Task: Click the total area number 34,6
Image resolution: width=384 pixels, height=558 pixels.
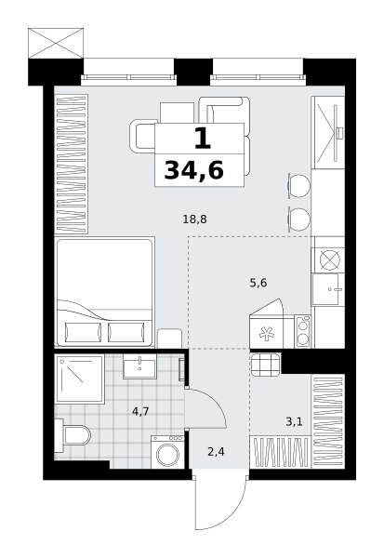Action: pyautogui.click(x=194, y=170)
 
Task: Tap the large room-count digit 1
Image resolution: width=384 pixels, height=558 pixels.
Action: pyautogui.click(x=203, y=138)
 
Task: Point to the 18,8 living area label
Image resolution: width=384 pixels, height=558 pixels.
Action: pyautogui.click(x=194, y=219)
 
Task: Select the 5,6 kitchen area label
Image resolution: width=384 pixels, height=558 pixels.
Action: pyautogui.click(x=258, y=283)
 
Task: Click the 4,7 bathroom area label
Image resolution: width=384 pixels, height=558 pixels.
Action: pyautogui.click(x=140, y=412)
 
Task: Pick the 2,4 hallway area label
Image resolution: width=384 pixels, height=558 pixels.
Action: pyautogui.click(x=216, y=452)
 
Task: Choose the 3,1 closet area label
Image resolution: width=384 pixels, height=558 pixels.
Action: pyautogui.click(x=294, y=422)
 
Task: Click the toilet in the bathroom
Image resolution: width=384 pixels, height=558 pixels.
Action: pyautogui.click(x=73, y=435)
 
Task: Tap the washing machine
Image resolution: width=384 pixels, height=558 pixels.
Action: pyautogui.click(x=167, y=452)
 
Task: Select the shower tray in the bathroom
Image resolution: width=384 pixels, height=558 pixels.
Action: pyautogui.click(x=79, y=379)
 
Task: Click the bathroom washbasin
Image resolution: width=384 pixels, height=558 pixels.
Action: pyautogui.click(x=139, y=366)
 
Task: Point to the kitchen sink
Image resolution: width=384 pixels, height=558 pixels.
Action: pyautogui.click(x=328, y=289)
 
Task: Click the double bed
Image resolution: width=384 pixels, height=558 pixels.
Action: pyautogui.click(x=105, y=292)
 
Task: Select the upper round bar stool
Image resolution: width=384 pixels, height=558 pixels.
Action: pyautogui.click(x=298, y=186)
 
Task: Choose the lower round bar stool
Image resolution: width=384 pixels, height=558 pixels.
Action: pyautogui.click(x=298, y=219)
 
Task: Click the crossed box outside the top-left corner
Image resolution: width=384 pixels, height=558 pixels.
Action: pyautogui.click(x=56, y=43)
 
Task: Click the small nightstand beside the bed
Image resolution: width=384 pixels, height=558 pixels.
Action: pyautogui.click(x=169, y=339)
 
